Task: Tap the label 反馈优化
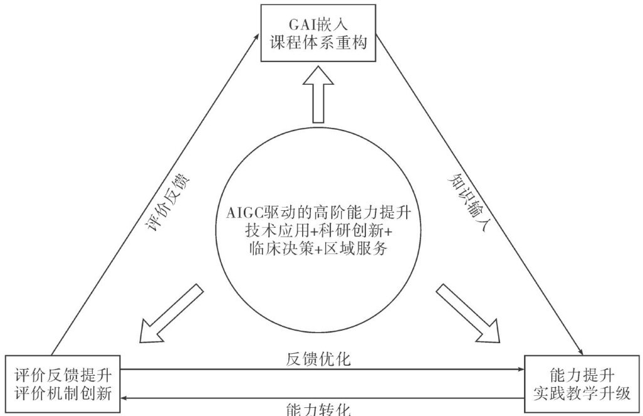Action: pos(318,360)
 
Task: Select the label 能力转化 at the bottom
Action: pos(318,408)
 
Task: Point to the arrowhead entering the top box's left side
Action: pos(257,37)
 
